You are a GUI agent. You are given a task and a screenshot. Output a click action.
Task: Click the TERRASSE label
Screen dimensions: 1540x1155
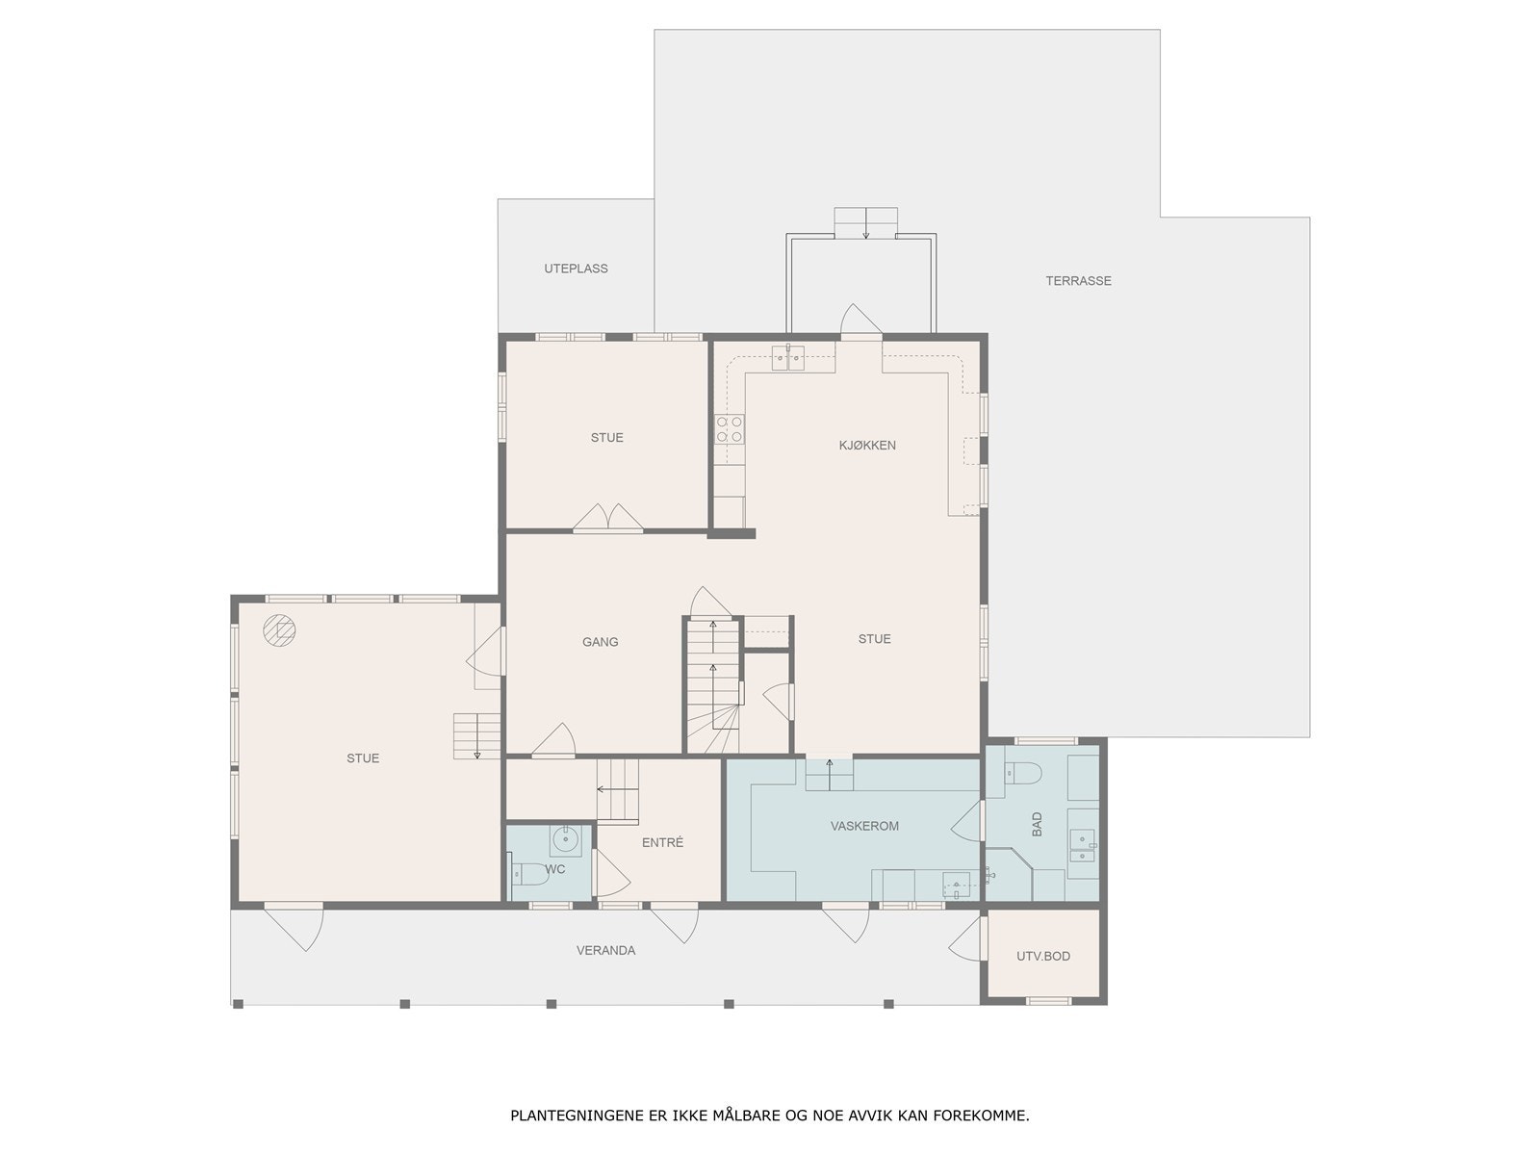click(1078, 280)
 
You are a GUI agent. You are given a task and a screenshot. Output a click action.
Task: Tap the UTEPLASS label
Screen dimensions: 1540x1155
click(576, 269)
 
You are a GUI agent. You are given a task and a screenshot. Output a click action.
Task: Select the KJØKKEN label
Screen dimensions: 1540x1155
click(867, 446)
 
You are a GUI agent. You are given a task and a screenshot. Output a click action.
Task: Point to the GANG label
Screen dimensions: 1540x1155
click(600, 642)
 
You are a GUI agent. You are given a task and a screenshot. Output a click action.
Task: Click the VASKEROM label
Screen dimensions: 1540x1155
click(864, 826)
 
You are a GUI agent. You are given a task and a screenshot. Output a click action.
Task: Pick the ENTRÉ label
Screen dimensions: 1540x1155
click(662, 842)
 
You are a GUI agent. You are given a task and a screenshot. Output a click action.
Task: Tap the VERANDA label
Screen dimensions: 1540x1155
click(605, 950)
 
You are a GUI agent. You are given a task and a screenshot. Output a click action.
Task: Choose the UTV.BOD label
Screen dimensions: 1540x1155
click(1043, 956)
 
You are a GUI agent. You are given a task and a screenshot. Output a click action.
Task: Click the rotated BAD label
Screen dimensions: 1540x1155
click(1037, 824)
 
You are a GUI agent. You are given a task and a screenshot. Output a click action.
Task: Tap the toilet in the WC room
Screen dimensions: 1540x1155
click(528, 874)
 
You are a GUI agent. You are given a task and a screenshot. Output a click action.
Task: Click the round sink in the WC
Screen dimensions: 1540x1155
click(565, 838)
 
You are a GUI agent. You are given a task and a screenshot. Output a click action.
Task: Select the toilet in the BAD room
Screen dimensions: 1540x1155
click(1023, 774)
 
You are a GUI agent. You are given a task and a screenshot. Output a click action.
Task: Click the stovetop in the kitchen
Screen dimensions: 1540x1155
click(729, 428)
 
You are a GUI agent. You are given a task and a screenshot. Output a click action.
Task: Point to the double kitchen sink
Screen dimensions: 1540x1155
click(788, 358)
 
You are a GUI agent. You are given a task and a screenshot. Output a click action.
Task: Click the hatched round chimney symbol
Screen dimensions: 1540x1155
click(279, 629)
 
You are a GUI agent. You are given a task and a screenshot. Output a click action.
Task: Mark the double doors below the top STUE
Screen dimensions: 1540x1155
click(607, 518)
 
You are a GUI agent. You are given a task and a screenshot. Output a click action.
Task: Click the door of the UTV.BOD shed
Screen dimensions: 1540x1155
click(967, 939)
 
